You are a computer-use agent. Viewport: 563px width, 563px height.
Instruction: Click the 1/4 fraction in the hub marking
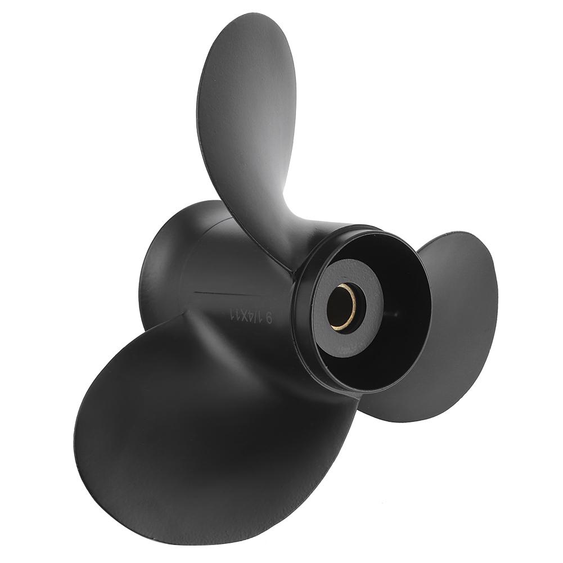point(254,316)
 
